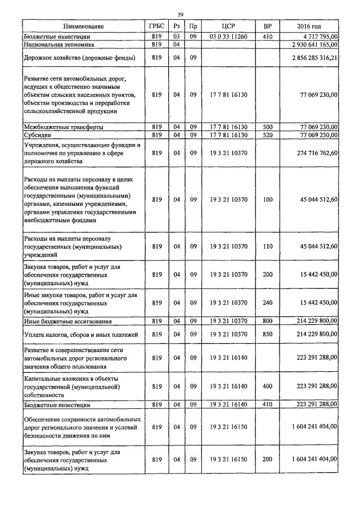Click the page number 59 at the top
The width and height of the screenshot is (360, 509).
point(180,15)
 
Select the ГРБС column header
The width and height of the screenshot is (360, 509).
point(156,26)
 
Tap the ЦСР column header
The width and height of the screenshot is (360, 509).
point(228,26)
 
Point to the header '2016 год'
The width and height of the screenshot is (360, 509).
point(309,26)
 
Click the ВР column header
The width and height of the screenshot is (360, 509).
point(267,26)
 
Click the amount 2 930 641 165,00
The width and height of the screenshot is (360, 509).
point(314,44)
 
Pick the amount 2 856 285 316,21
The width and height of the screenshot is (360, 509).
point(314,57)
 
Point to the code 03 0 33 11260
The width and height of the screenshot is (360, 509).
point(228,37)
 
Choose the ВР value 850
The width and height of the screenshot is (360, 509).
point(267,335)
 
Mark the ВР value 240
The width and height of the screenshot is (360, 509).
point(267,303)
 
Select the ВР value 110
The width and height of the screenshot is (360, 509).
point(267,246)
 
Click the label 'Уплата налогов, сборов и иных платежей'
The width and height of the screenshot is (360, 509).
point(79,335)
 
